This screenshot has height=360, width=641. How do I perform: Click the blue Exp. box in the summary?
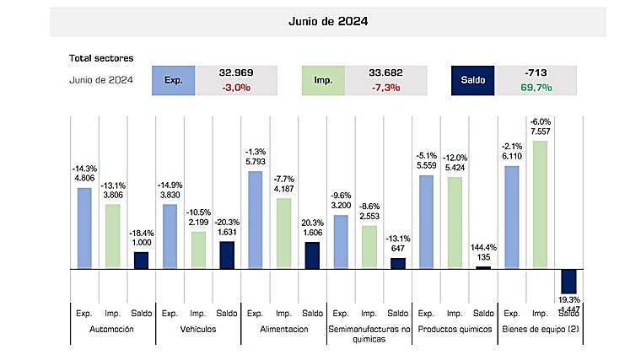point(173,81)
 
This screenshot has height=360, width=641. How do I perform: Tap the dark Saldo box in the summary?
point(472,81)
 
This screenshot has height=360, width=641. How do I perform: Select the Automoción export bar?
point(85,228)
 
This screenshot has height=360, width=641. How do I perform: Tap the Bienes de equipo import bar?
point(540,204)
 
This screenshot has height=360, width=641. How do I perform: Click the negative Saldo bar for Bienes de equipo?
point(568,281)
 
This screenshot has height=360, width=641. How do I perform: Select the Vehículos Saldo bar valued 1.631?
point(228,255)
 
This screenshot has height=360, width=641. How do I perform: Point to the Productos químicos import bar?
point(455,223)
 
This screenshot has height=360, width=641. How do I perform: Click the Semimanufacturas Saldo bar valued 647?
point(398,263)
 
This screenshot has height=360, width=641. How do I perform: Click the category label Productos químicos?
point(455,330)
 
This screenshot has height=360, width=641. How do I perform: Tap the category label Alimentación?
point(284,330)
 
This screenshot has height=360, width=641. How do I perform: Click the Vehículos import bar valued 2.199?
point(199,250)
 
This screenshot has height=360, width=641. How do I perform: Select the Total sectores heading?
point(101,59)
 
